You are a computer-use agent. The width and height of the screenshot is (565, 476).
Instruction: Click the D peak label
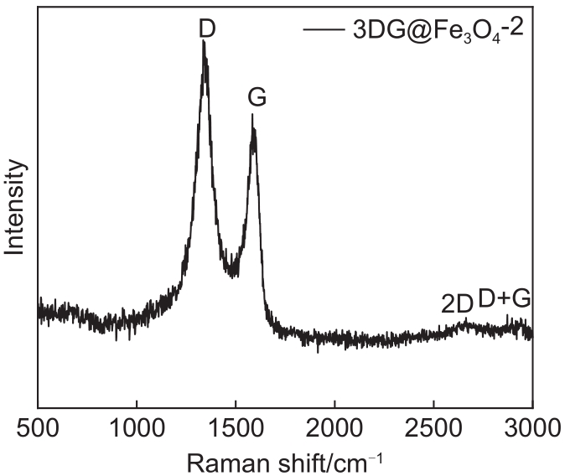(207, 28)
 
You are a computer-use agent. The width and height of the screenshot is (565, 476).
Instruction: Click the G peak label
(257, 98)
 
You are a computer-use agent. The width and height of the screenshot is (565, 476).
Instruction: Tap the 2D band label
(458, 304)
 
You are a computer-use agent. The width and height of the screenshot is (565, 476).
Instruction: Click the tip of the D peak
(204, 43)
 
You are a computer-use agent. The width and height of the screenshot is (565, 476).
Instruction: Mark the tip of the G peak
(252, 116)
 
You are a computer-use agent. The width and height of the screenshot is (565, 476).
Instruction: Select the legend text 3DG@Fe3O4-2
(434, 31)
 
